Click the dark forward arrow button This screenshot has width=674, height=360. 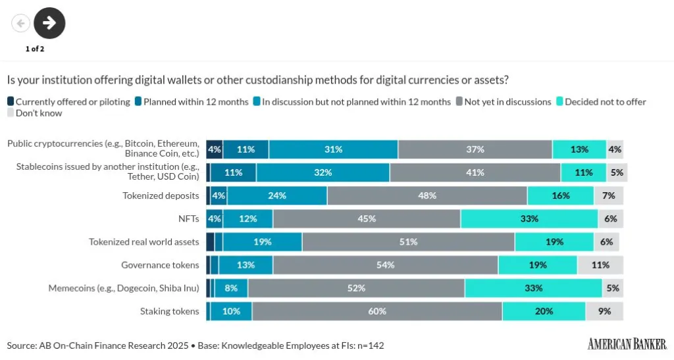[x=49, y=23]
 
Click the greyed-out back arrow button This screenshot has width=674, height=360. [x=20, y=23]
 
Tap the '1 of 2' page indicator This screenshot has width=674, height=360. [x=35, y=49]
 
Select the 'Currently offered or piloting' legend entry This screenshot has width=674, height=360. [x=68, y=102]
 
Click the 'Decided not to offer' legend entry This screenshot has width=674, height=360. [x=601, y=102]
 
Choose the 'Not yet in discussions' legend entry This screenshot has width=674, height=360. [x=503, y=102]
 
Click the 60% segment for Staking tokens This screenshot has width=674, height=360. [x=377, y=311]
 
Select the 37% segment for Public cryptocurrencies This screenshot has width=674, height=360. [x=475, y=149]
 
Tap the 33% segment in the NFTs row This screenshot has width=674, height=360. [x=529, y=219]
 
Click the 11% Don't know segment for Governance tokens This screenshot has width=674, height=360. [x=600, y=265]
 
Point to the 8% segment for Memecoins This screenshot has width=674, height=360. [x=231, y=288]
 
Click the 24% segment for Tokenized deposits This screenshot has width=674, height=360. [x=277, y=195]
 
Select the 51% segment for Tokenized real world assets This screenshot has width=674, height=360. [x=408, y=242]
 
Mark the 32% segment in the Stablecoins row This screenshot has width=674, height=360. [x=323, y=172]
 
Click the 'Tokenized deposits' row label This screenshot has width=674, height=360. [x=161, y=195]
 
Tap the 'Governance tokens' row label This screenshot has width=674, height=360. [x=160, y=265]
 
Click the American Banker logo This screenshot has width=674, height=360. [x=627, y=344]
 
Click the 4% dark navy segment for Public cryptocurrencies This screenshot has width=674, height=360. [x=214, y=149]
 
